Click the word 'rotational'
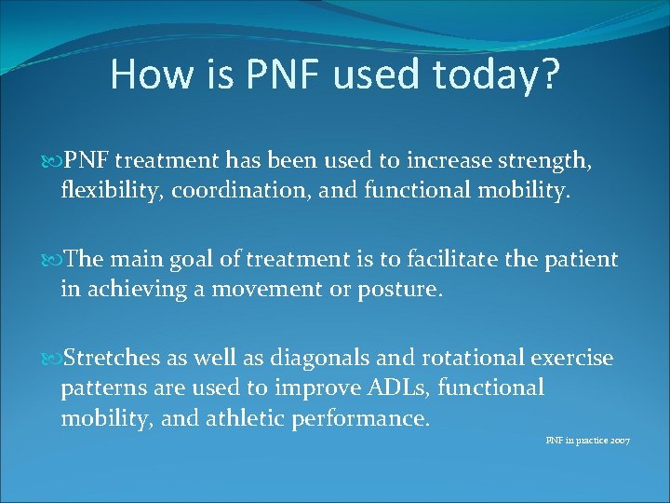pyautogui.click(x=471, y=358)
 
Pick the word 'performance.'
pyautogui.click(x=361, y=418)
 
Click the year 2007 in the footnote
pyautogui.click(x=619, y=440)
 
